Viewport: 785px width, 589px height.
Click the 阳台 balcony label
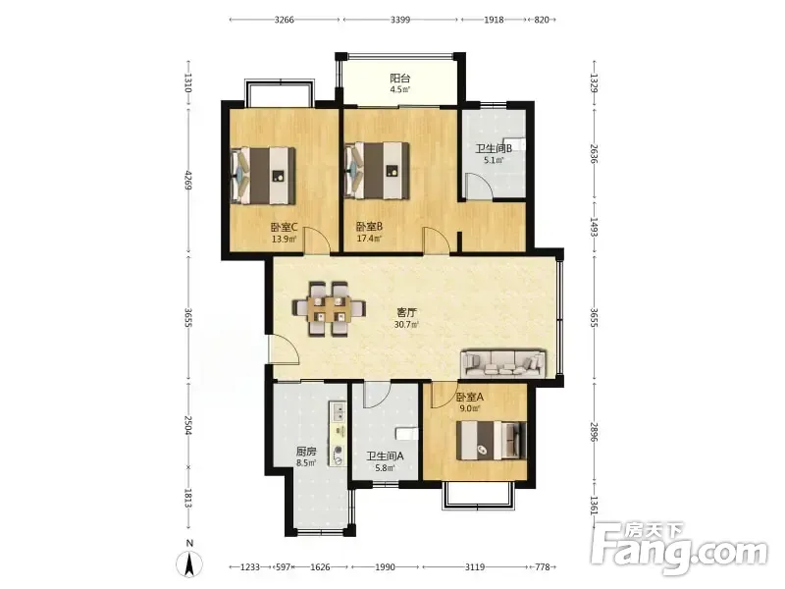tap(400, 79)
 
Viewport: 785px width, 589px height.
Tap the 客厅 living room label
tap(406, 312)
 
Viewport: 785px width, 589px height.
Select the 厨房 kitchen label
tap(306, 452)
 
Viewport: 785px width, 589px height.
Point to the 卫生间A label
tap(385, 456)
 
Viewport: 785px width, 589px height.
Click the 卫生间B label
tap(494, 149)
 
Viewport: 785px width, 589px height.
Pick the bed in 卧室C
tap(262, 176)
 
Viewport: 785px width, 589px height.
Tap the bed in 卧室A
tap(492, 440)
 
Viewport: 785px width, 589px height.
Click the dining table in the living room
tap(329, 308)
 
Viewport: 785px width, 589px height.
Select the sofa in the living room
tap(503, 363)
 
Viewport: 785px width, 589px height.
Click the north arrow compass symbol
tap(189, 561)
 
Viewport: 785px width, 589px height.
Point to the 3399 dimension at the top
tap(400, 20)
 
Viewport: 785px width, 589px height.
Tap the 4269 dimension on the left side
tap(188, 180)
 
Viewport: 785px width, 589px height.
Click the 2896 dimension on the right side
tap(595, 432)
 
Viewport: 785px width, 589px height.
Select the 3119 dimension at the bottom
tap(475, 567)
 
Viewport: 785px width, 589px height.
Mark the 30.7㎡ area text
tap(406, 324)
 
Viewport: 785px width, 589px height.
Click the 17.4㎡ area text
tap(370, 239)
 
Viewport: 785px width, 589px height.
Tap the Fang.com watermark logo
tap(679, 549)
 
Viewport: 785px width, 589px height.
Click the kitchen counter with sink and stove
tap(338, 434)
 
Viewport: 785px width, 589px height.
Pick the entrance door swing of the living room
tap(285, 348)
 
